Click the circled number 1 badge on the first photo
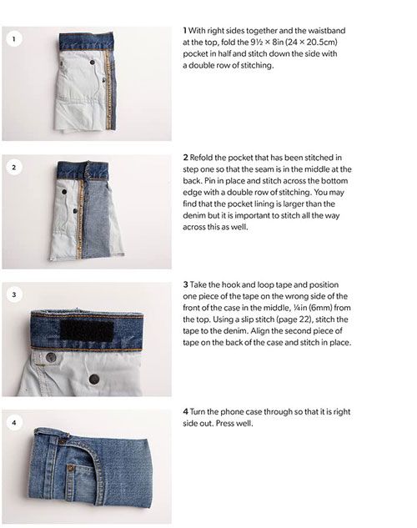[14, 39]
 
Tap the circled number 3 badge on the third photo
[14, 294]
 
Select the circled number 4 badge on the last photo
[14, 422]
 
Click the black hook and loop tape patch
[87, 330]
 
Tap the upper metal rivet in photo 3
[51, 357]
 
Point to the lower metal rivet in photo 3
[94, 379]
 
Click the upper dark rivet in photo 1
[92, 63]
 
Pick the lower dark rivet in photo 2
[75, 211]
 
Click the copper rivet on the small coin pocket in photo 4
[71, 467]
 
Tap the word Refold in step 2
[201, 158]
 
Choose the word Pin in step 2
[210, 181]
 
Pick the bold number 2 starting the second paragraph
[185, 158]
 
